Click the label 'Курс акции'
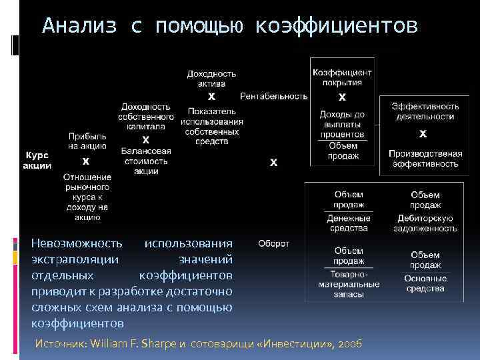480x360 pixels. (x=37, y=161)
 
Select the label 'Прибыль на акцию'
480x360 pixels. (x=87, y=141)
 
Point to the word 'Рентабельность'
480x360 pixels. (x=273, y=96)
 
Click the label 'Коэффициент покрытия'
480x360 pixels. (x=342, y=77)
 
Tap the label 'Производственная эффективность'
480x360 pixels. (x=424, y=158)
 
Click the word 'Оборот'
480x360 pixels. (x=273, y=243)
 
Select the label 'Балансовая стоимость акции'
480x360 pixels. (x=146, y=161)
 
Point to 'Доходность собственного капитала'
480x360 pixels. (x=145, y=117)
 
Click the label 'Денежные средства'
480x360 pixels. (x=349, y=223)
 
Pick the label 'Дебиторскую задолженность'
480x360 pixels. (x=425, y=223)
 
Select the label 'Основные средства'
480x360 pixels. (x=425, y=283)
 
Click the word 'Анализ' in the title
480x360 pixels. (x=79, y=26)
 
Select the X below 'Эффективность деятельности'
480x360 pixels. (x=423, y=134)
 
